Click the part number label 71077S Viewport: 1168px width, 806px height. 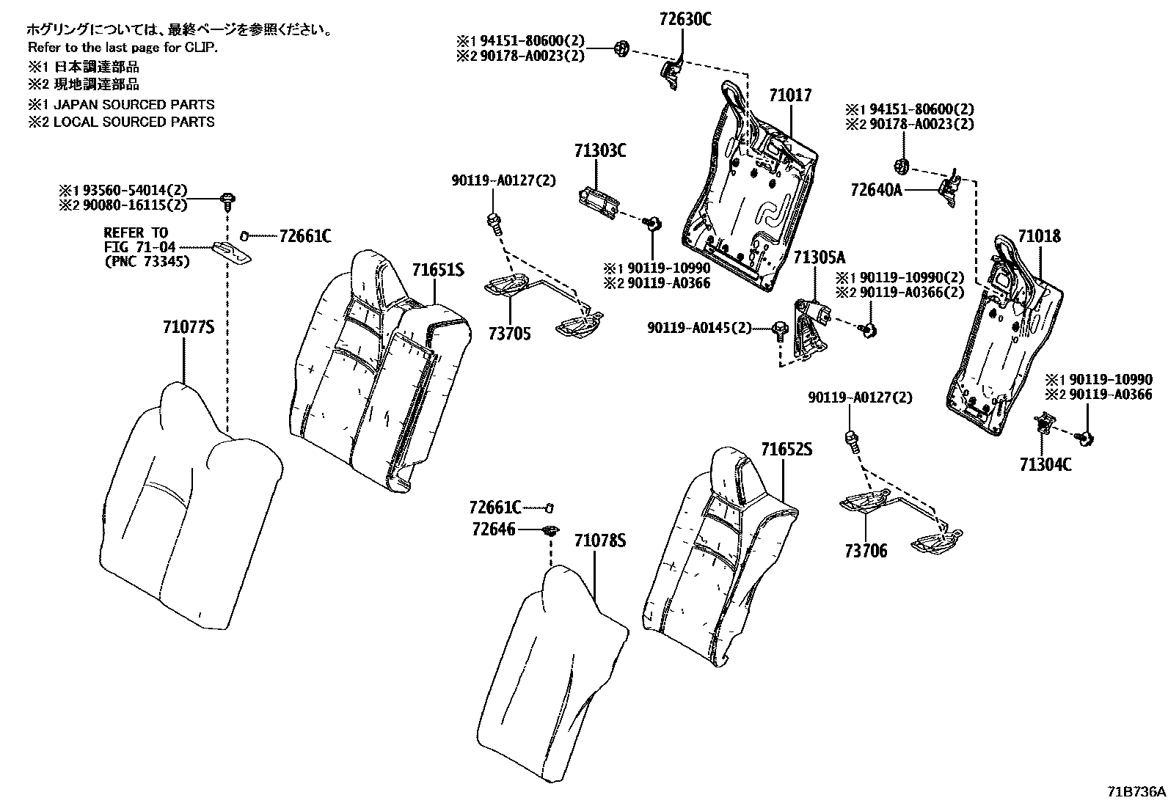click(188, 327)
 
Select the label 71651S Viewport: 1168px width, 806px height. click(438, 270)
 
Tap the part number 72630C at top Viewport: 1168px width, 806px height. click(685, 19)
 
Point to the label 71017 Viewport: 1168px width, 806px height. click(791, 95)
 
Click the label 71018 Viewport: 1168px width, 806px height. click(1039, 236)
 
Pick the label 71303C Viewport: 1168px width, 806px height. click(600, 151)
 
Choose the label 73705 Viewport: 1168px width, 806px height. click(509, 334)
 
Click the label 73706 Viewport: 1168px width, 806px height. click(866, 551)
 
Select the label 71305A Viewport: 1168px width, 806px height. click(820, 257)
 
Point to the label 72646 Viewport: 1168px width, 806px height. click(494, 530)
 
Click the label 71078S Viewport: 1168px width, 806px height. click(600, 541)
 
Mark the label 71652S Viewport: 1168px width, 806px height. click(786, 449)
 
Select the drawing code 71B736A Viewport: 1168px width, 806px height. click(1136, 792)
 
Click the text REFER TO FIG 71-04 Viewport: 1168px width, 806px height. click(139, 241)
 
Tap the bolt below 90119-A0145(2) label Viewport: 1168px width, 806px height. click(780, 331)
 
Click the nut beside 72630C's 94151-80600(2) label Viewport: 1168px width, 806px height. click(621, 48)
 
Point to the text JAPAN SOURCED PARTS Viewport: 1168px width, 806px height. click(134, 104)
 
